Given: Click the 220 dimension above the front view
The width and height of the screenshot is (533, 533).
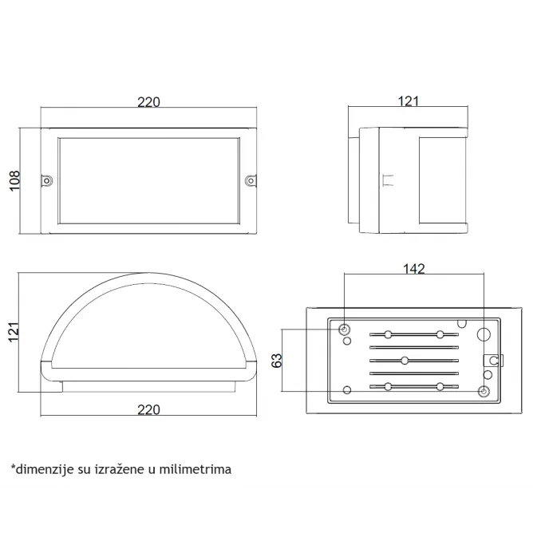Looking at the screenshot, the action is tap(148, 102).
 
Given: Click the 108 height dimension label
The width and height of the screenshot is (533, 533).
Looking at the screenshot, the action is tap(14, 181).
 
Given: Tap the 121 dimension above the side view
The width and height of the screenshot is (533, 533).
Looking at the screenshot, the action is tap(408, 101).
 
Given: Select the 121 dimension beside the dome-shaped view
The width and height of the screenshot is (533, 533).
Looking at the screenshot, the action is tap(14, 332).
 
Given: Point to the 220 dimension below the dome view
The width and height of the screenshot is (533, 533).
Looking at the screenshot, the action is tap(148, 409).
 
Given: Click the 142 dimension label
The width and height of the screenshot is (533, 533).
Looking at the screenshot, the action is tap(413, 269).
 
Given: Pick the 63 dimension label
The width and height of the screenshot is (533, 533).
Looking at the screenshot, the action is tap(277, 361).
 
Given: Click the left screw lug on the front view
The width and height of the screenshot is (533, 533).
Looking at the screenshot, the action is tap(46, 180).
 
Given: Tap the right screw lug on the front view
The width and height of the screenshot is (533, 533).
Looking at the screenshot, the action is tap(251, 180).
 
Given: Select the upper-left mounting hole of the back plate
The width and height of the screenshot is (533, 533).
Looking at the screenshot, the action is tap(344, 330).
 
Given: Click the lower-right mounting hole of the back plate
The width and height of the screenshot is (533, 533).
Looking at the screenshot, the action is tap(484, 392).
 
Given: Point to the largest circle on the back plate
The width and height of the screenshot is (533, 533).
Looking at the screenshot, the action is tap(484, 334).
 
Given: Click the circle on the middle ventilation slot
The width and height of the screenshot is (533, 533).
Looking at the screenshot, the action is tap(405, 361).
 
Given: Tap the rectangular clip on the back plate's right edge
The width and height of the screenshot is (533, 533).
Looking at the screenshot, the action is tap(493, 361).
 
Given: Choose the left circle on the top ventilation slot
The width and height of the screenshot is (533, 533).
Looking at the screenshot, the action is tap(388, 334).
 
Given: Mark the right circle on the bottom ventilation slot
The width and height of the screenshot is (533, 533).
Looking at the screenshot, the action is tap(440, 387).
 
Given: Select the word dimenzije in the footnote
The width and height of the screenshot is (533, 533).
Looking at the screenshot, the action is tap(45, 470).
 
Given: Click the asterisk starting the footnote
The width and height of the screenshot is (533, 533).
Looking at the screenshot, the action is tap(14, 467).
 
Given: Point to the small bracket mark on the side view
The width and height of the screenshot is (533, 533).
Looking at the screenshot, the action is tap(388, 180).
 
